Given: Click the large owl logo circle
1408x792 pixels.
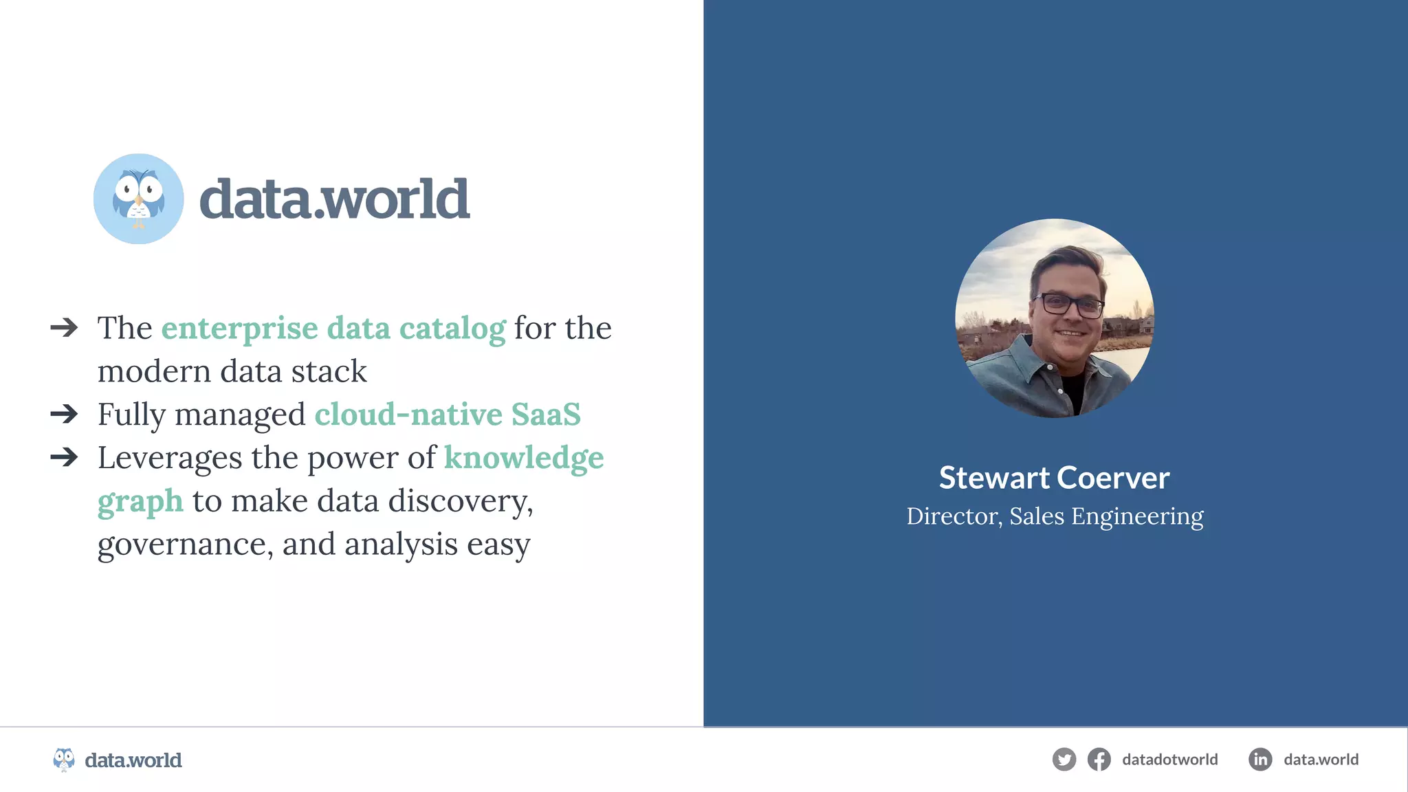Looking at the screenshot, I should (138, 199).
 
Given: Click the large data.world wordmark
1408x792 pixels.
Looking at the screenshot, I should (334, 199).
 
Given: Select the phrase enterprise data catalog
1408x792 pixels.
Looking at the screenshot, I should (333, 328).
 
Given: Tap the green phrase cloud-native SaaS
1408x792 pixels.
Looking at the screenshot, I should (448, 415).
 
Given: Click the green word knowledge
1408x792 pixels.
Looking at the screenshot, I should (524, 458).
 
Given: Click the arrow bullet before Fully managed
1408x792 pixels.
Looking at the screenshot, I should (64, 414).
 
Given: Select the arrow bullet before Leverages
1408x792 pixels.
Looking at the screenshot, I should (64, 457).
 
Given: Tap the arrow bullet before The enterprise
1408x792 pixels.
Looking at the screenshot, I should (64, 327).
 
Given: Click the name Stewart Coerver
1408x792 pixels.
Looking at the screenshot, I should (1054, 478).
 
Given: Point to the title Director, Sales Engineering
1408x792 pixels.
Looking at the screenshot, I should (1055, 516).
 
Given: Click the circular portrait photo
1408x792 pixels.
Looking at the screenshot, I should (1055, 318).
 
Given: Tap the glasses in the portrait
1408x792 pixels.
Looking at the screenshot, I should (1069, 304).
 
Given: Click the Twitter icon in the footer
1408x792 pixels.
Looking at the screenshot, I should (1064, 760).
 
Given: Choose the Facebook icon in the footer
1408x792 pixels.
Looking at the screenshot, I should (1099, 760).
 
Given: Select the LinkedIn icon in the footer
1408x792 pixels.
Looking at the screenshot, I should (1259, 760).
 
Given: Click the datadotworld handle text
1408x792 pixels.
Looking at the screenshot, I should (1169, 760).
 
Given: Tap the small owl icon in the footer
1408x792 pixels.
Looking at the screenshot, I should (64, 760).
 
